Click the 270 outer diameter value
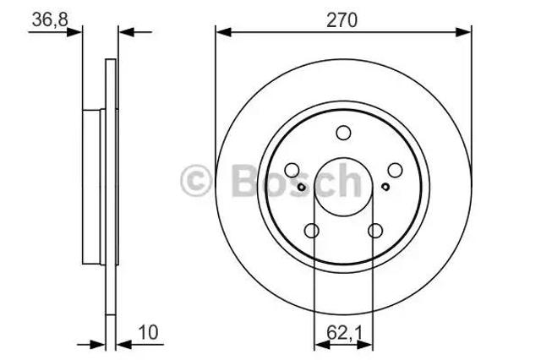pos(343,19)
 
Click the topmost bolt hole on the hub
pos(343,133)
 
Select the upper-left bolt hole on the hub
pos(292,170)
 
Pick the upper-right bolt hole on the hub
pos(395,170)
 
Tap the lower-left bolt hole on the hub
pos(311,231)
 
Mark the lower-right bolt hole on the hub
pos(375,231)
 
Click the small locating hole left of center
pos(301,187)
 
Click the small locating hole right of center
pos(385,187)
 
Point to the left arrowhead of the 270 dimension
pos(221,32)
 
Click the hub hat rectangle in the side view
pos(92,186)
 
